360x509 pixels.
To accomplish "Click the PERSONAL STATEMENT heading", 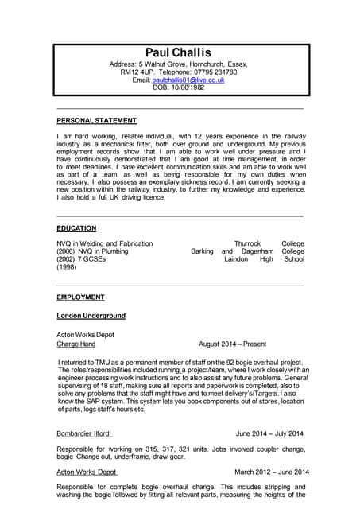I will [96, 121].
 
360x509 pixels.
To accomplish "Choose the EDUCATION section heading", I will [76, 228].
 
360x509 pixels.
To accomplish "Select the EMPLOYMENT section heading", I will [80, 297].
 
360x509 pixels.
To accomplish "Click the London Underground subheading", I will [91, 316].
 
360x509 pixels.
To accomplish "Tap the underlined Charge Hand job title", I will [75, 344].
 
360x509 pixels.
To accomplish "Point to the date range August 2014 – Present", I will [232, 344].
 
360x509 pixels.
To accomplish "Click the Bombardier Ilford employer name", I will [84, 433].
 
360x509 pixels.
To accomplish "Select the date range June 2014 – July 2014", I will [269, 433].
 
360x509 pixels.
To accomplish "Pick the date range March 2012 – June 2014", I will [271, 472].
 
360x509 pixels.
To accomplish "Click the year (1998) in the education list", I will [68, 267].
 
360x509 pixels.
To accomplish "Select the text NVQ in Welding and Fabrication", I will [104, 243].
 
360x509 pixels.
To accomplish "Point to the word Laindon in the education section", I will [236, 259].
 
